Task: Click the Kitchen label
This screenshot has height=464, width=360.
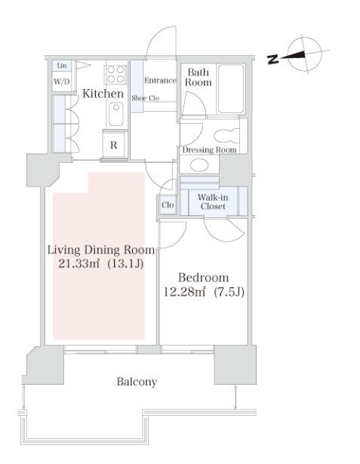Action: pos(103,94)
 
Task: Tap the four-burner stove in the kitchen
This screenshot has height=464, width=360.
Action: pos(115,74)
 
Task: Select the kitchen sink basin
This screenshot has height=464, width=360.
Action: pos(115,114)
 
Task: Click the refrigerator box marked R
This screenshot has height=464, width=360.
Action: pos(114,145)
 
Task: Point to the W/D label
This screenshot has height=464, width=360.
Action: pos(62,81)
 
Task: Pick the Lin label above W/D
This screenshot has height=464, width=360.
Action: pos(62,66)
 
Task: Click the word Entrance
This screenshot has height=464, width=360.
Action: pos(160,80)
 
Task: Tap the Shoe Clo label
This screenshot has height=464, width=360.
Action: pos(146,98)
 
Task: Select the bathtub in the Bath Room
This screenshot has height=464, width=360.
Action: pos(231,89)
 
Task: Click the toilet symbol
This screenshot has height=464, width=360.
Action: pos(226,136)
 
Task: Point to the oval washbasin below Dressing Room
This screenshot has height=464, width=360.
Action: pos(200,164)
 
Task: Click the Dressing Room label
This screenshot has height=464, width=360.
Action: pos(209,149)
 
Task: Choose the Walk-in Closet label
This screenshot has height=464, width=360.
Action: pos(213,201)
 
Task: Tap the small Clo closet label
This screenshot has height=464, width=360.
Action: pos(168,204)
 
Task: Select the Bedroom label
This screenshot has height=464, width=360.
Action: pos(203,278)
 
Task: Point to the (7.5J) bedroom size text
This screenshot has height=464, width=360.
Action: pos(229,293)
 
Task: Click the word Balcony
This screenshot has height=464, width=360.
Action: pos(137,382)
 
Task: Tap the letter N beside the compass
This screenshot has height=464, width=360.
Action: pos(272,60)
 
